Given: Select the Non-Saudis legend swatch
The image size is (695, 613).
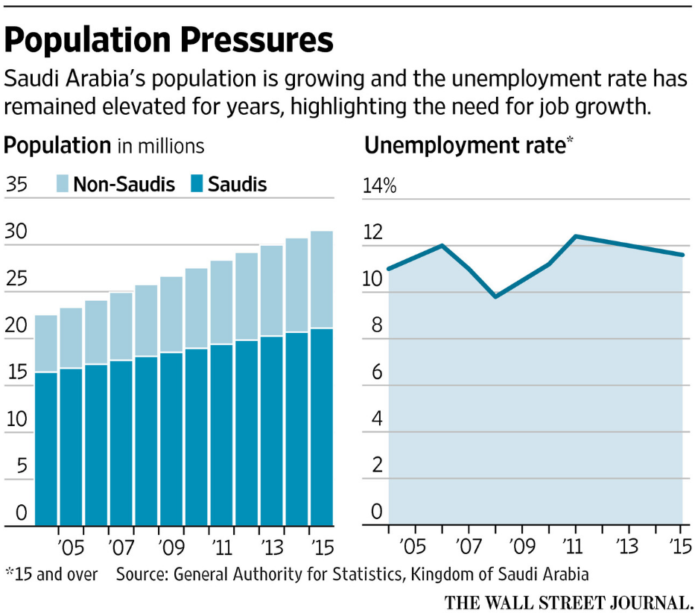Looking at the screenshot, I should tap(63, 184).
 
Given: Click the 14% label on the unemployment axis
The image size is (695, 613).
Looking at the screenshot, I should tap(378, 186).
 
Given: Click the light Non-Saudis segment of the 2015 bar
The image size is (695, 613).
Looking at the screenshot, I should tap(322, 279).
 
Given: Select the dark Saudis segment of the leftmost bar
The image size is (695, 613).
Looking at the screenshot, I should tap(46, 447).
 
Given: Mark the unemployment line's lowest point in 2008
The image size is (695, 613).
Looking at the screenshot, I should tap(495, 296).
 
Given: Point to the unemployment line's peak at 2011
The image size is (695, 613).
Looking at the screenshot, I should tap(575, 236).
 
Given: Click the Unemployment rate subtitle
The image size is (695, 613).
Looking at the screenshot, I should tap(466, 146).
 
